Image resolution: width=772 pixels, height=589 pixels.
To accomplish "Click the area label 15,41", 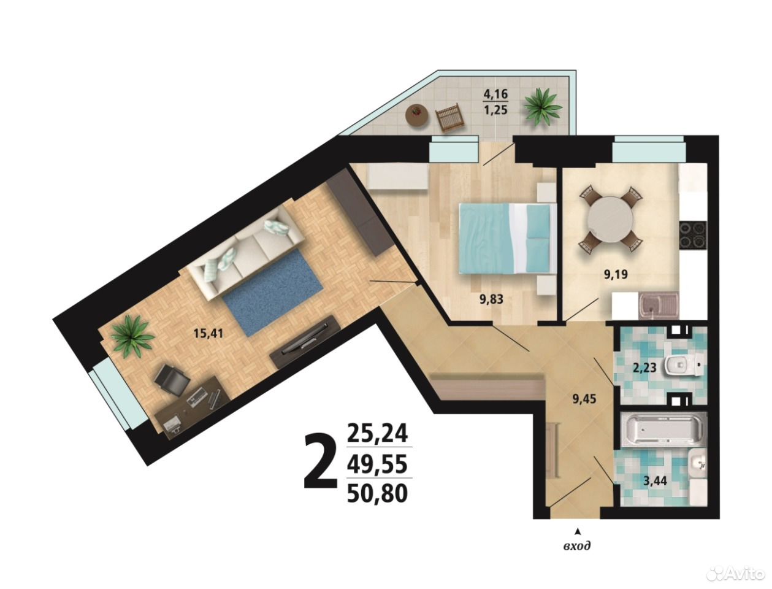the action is click(208, 333).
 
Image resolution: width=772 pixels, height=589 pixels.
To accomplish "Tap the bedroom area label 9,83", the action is click(491, 299).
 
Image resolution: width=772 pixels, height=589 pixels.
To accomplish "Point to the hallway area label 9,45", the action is click(584, 399).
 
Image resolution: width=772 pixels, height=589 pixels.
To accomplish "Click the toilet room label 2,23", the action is click(644, 368).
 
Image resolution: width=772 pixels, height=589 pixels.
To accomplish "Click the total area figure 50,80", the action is click(377, 494).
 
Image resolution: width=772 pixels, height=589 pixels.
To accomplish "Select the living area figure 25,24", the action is click(377, 433).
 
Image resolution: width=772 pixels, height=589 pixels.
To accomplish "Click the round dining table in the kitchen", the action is click(611, 218).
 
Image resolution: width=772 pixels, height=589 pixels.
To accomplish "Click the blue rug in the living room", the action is click(273, 294).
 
